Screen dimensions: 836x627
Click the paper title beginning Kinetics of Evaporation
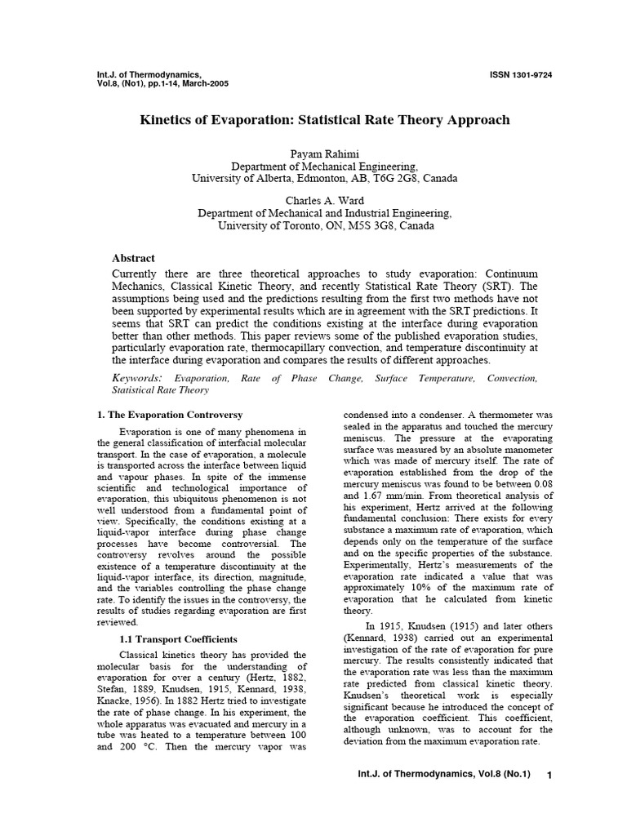[x=325, y=120]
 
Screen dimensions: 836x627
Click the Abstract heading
[x=133, y=258]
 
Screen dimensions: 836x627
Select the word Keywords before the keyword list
[x=136, y=378]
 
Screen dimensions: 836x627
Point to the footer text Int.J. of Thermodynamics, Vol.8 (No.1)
[x=446, y=798]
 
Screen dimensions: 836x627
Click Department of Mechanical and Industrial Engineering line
[x=325, y=213]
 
